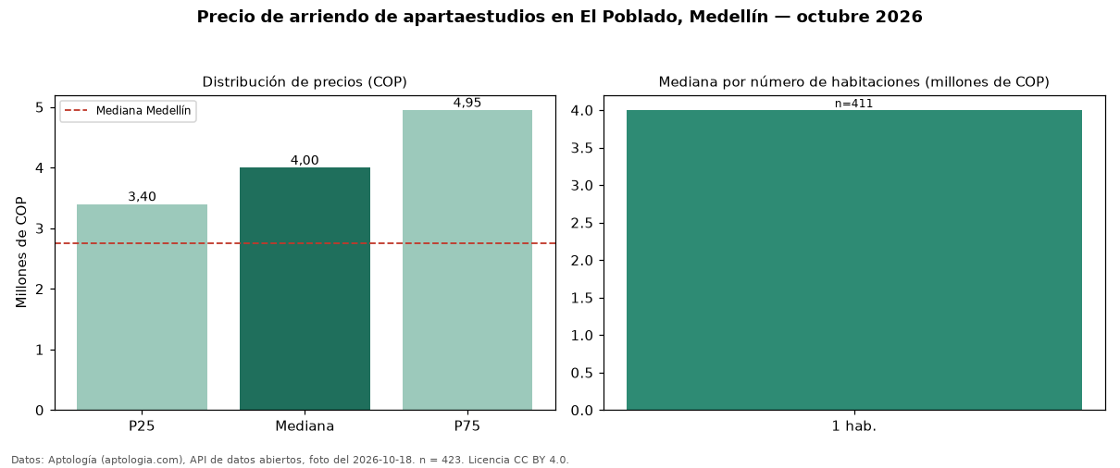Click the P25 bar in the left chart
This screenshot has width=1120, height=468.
point(142,307)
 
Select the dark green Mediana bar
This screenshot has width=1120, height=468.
point(305,289)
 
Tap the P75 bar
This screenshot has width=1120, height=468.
point(467,260)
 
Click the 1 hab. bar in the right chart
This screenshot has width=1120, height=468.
point(854,260)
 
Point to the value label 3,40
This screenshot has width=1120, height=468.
point(142,197)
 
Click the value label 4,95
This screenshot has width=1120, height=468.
point(467,103)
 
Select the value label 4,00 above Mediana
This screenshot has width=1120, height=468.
point(305,160)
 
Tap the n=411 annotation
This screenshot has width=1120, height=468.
point(854,104)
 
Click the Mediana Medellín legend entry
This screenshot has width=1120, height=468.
point(129,111)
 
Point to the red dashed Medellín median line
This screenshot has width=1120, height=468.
point(305,243)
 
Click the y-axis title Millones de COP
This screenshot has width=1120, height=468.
point(20,252)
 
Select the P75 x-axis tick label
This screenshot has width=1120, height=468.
point(467,426)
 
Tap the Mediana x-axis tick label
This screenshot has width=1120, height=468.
point(305,426)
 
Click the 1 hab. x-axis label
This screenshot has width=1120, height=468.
point(854,426)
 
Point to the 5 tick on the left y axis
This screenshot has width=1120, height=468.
point(40,108)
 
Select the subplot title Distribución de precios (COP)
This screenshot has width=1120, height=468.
point(305,82)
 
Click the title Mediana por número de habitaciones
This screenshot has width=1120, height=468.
point(790,82)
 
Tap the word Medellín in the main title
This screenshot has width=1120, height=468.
point(728,17)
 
